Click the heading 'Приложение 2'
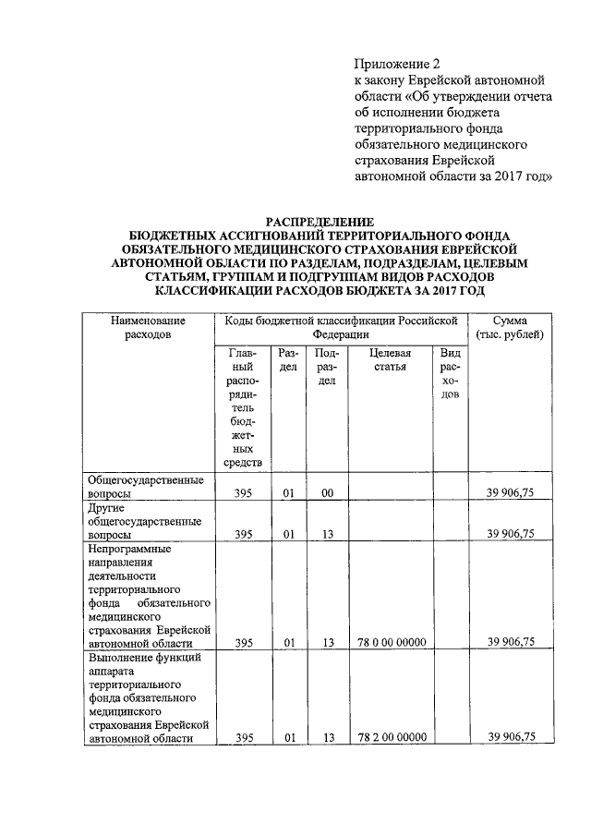(x=392, y=64)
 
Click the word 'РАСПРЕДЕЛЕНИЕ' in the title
(x=320, y=222)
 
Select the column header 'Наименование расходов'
(x=148, y=327)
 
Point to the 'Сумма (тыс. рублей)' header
(x=511, y=327)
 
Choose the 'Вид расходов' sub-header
(x=450, y=374)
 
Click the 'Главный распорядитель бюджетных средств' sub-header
(x=244, y=407)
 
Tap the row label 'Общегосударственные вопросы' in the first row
(x=145, y=487)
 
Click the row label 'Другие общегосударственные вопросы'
(x=145, y=520)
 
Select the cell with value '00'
(x=327, y=494)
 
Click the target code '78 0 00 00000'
(x=389, y=642)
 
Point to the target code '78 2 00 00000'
(x=389, y=737)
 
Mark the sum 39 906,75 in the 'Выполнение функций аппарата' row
(x=511, y=737)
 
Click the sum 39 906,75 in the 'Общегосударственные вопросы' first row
(x=511, y=494)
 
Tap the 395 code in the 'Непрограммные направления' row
(x=244, y=642)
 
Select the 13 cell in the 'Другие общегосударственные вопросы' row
(x=327, y=534)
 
